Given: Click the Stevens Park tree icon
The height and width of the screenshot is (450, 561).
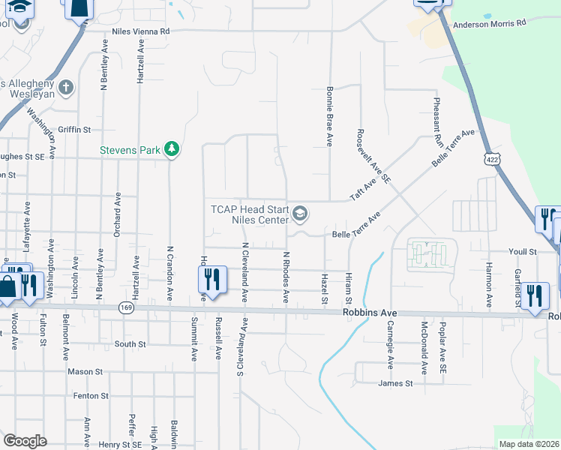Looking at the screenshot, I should pos(172,149).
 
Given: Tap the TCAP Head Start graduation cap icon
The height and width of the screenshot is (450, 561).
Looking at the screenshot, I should pos(300,214).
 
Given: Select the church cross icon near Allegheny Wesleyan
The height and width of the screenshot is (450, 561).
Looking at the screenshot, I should pos(66,88).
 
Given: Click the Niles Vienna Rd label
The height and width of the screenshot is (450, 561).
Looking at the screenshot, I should pos(141,31).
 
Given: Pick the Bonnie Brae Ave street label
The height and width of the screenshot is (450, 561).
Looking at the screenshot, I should pos(328,115).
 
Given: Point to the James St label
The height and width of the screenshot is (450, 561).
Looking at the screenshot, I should pos(396,383).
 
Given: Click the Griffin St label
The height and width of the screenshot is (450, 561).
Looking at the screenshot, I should pos(74,129).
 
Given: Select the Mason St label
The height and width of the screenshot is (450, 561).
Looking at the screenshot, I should pos(85,371).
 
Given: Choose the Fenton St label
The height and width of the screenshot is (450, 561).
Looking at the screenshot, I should pos(91,395).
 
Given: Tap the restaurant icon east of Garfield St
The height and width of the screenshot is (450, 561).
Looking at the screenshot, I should pos(534,295).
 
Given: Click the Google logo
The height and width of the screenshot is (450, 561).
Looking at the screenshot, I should pos(25,440).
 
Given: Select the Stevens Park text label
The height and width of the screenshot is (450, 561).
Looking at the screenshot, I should pos(130,150).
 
